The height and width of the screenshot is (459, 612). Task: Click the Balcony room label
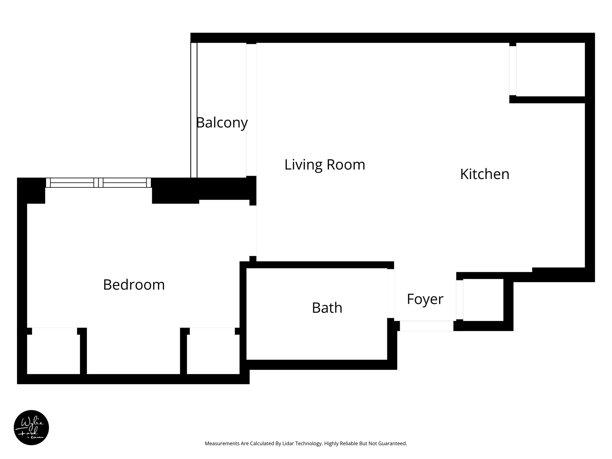pos(222,123)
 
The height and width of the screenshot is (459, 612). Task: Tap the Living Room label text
pos(325,165)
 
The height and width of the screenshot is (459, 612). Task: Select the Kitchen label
pos(484,174)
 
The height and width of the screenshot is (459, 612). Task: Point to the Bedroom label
pos(134,285)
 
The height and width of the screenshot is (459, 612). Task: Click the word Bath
pos(327,308)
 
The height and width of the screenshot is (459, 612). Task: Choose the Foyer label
pos(425,299)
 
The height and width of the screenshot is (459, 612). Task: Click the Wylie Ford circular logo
pos(31,428)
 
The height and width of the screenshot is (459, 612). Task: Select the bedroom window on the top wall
pos(98,183)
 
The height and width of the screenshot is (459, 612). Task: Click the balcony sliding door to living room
pos(251,110)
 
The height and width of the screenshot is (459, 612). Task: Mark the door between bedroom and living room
pos(253,231)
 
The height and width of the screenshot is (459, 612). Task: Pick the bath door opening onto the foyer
pos(391,293)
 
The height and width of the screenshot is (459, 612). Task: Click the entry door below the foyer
pos(426,326)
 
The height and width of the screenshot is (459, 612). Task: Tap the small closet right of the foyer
pos(483,300)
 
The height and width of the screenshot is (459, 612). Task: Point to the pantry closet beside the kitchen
pos(550,69)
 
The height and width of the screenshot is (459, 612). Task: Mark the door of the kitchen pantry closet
pos(513,71)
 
